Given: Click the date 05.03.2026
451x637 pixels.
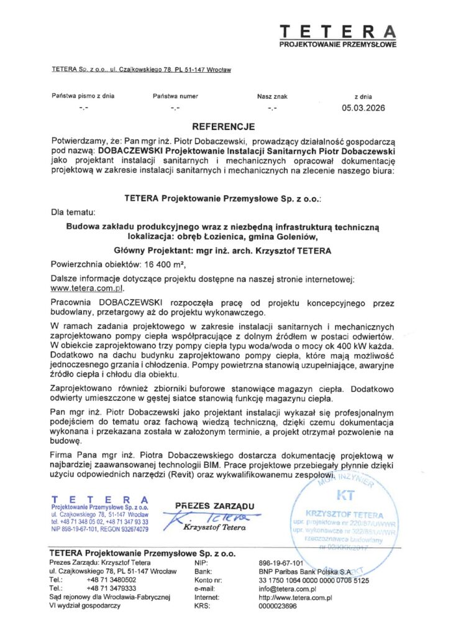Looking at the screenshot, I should (x=363, y=108).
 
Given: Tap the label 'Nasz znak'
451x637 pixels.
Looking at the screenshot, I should (x=271, y=96).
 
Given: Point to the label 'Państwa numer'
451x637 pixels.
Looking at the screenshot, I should (x=175, y=96).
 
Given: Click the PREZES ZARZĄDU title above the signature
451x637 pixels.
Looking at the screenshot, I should (x=214, y=506).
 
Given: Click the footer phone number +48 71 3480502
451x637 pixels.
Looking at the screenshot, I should (x=111, y=580).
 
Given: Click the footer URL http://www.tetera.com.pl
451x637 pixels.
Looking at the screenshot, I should (x=296, y=597).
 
